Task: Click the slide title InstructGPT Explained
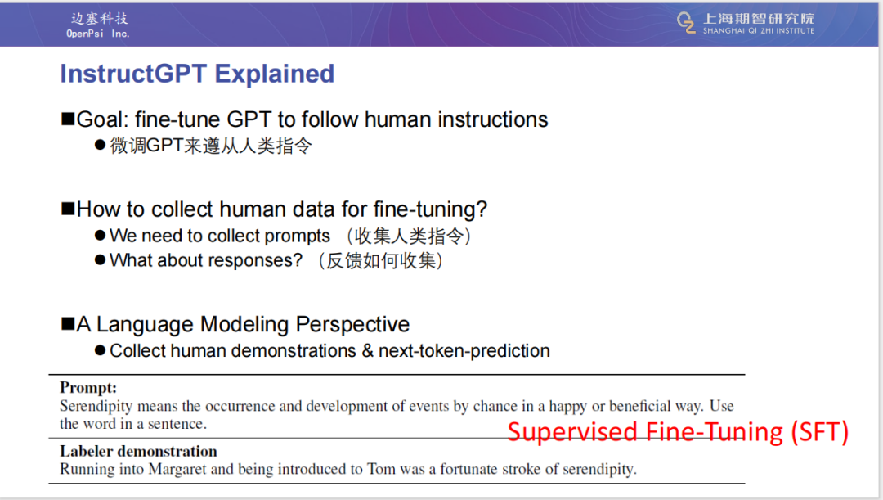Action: (x=197, y=74)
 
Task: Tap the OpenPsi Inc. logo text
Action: (x=98, y=34)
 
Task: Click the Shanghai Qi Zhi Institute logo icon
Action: (x=686, y=22)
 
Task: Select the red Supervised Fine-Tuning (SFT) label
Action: (x=678, y=432)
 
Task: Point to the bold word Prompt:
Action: (x=88, y=388)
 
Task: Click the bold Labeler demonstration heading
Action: (x=138, y=451)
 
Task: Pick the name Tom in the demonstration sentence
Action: (x=381, y=469)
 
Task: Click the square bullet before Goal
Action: (x=68, y=119)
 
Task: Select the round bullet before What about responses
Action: (x=101, y=260)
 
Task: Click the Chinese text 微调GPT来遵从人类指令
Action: (x=211, y=146)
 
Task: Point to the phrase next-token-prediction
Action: (x=464, y=350)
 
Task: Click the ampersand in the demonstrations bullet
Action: (x=367, y=350)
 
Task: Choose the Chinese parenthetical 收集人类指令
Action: (x=409, y=236)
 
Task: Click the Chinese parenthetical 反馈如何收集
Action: (x=381, y=261)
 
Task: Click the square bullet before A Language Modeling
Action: (x=68, y=323)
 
